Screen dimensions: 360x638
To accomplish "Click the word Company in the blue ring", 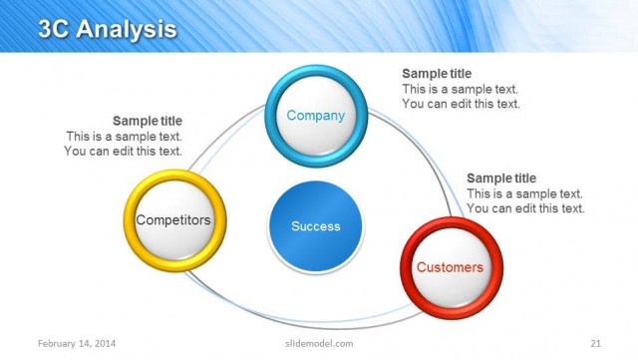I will [x=315, y=116].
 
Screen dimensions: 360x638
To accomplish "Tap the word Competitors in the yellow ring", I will [x=173, y=219].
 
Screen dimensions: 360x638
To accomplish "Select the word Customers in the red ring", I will [x=450, y=267].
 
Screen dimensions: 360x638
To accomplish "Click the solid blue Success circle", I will [x=315, y=227].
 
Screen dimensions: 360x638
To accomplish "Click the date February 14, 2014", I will [x=76, y=343].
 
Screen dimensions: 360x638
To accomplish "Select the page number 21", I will [x=596, y=343].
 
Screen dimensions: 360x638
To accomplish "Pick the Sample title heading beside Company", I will [x=437, y=74].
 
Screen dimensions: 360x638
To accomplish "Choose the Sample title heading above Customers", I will [x=501, y=179].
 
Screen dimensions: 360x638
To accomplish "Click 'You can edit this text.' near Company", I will [x=461, y=104].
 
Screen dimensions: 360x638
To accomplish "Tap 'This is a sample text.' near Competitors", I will [x=125, y=137].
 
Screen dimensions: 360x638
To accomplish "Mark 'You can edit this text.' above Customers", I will [x=525, y=208].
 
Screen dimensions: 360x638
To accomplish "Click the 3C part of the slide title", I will [x=56, y=30].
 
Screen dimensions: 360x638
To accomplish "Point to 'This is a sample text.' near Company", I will [x=461, y=89].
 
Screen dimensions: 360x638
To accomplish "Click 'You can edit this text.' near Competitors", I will [x=124, y=152].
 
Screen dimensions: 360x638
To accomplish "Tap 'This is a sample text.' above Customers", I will [x=525, y=193].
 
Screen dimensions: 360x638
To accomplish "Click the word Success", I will [x=315, y=226].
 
